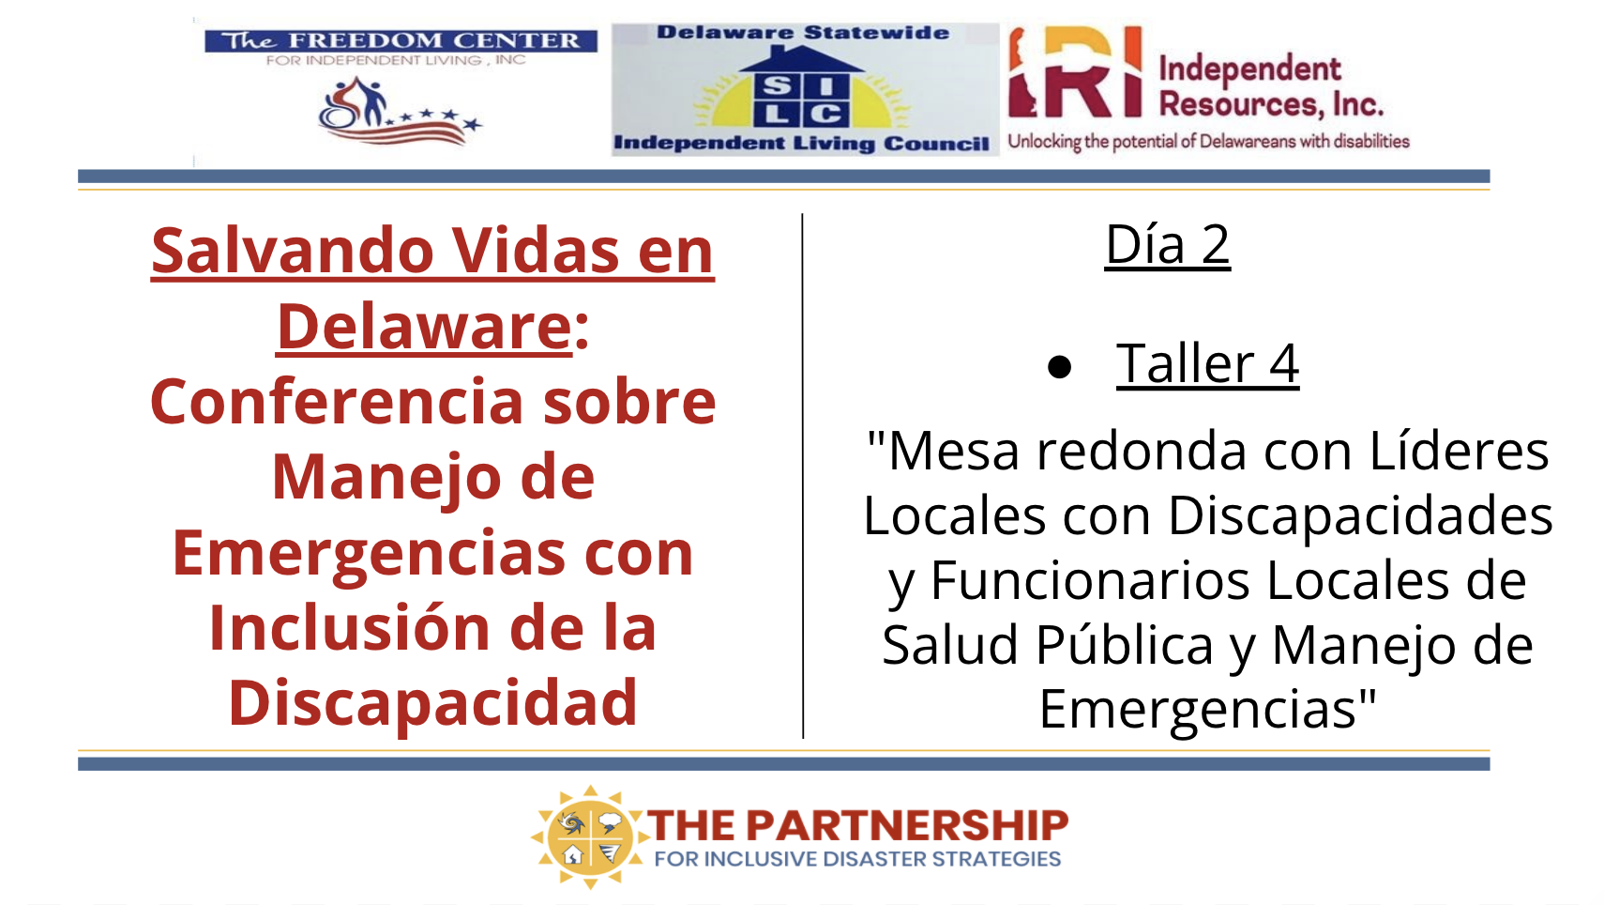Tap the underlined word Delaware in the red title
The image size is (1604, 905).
[425, 326]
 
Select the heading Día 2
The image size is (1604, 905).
[1167, 245]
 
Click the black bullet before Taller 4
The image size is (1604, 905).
[1059, 367]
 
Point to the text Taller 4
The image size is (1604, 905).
[1207, 364]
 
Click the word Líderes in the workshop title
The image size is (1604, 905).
[1459, 452]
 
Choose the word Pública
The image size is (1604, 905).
[1125, 644]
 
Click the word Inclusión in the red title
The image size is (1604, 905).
[349, 627]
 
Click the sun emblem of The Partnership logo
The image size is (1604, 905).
[589, 836]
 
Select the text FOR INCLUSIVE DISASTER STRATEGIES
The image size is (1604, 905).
[858, 859]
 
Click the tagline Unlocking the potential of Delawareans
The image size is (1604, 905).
[1209, 141]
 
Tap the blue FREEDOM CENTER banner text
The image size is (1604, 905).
[401, 41]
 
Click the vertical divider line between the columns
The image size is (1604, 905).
[803, 475]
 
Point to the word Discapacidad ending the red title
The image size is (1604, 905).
[432, 704]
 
